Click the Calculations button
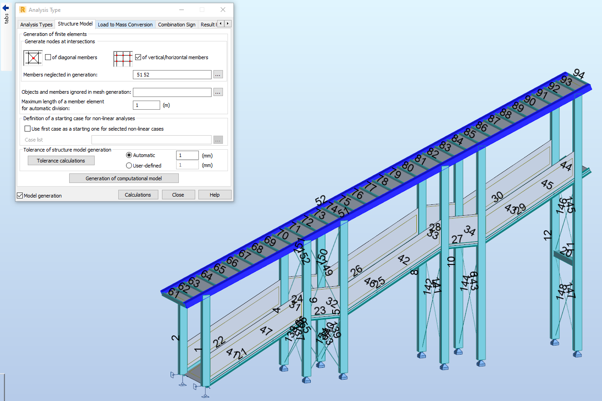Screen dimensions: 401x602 pyautogui.click(x=138, y=195)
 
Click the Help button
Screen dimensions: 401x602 pyautogui.click(x=214, y=195)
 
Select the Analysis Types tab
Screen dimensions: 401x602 pyautogui.click(x=36, y=25)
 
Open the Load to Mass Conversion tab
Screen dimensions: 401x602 pyautogui.click(x=125, y=25)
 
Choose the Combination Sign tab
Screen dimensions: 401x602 pyautogui.click(x=177, y=25)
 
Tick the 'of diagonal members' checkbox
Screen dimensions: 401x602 pyautogui.click(x=48, y=57)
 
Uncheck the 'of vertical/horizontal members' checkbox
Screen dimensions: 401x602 pyautogui.click(x=138, y=57)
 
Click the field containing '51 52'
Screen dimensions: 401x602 pyautogui.click(x=172, y=75)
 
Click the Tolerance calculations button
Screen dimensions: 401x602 pyautogui.click(x=61, y=161)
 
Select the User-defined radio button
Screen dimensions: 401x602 pyautogui.click(x=129, y=166)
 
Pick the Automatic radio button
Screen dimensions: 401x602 pyautogui.click(x=129, y=155)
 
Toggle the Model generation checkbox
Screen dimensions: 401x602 pyautogui.click(x=20, y=196)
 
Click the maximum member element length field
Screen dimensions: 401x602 pyautogui.click(x=146, y=105)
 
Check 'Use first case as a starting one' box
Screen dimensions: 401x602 pyautogui.click(x=28, y=129)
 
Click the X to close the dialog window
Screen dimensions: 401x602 pyautogui.click(x=223, y=10)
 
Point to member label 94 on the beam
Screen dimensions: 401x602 pyautogui.click(x=579, y=74)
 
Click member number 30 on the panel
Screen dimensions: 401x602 pyautogui.click(x=497, y=196)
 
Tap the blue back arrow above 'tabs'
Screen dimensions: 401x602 pyautogui.click(x=6, y=8)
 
